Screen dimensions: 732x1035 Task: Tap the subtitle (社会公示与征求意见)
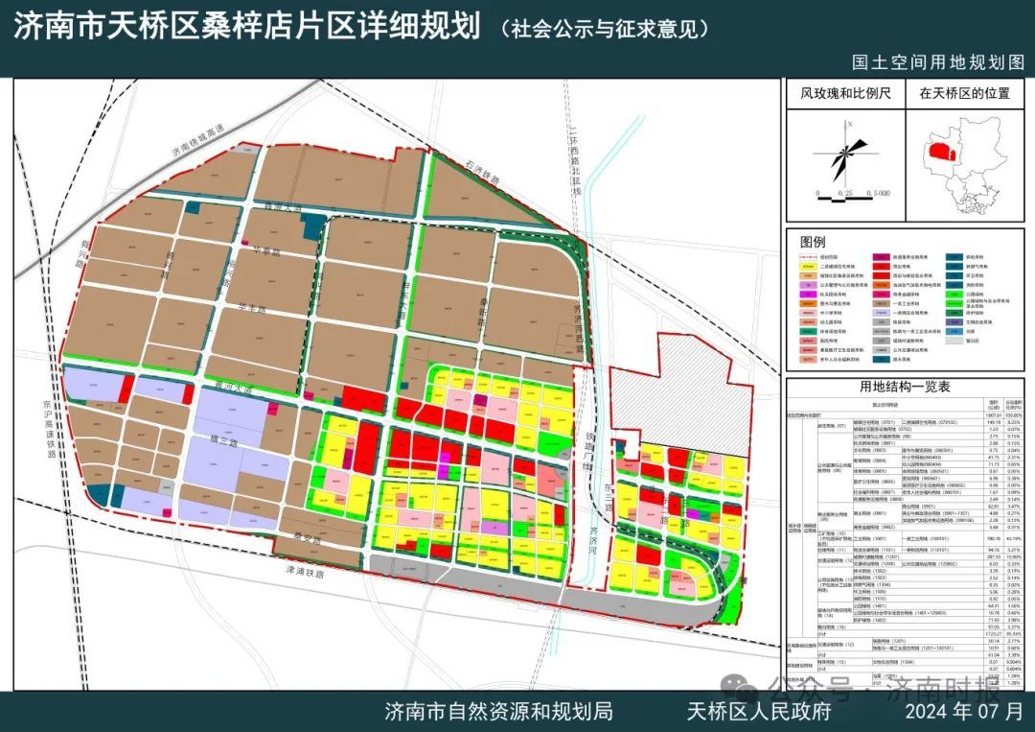pyautogui.click(x=605, y=29)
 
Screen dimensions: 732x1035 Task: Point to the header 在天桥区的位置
pyautogui.click(x=964, y=94)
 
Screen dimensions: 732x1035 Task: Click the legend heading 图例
pyautogui.click(x=812, y=242)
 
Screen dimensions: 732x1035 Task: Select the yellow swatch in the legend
pyautogui.click(x=811, y=271)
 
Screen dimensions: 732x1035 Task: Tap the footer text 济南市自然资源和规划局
pyautogui.click(x=498, y=711)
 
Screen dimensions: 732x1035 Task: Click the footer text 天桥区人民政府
pyautogui.click(x=757, y=711)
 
